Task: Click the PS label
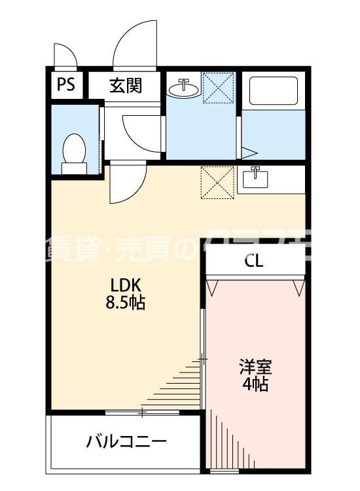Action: [x=65, y=86]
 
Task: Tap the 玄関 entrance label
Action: [x=125, y=86]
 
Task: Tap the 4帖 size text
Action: [x=255, y=384]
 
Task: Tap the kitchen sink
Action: [x=255, y=177]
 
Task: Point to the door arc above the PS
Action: [x=64, y=56]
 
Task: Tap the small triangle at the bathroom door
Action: [x=248, y=154]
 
